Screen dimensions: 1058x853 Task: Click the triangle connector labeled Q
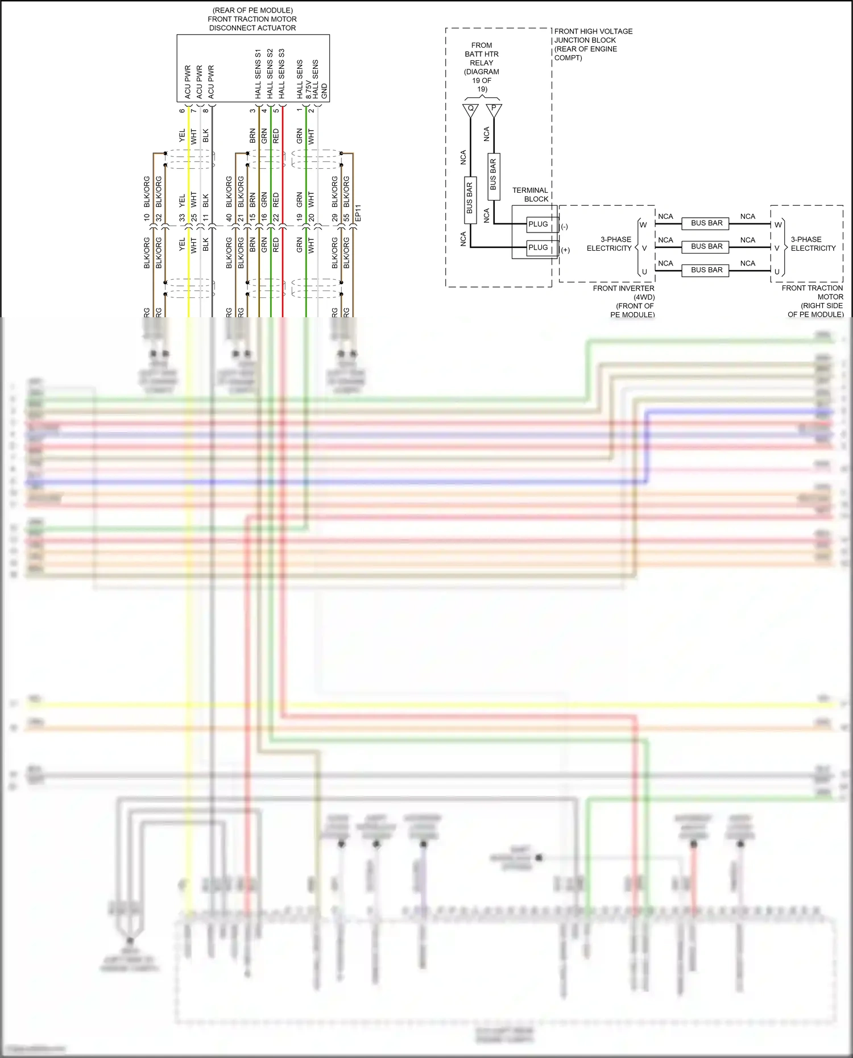point(470,110)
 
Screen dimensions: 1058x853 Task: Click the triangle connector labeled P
point(494,109)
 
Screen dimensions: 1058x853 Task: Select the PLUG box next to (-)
point(538,224)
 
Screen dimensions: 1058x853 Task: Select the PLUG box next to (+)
point(538,247)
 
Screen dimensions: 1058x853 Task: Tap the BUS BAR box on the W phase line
point(706,223)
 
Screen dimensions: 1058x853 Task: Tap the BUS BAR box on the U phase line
point(706,270)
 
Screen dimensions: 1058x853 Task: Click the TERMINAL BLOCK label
point(530,194)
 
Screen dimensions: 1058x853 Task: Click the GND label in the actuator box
point(324,91)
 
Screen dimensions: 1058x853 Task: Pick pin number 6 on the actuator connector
point(182,110)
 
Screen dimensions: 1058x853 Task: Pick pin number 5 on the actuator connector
point(276,110)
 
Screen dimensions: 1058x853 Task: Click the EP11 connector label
point(358,213)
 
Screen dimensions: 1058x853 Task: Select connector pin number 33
point(182,217)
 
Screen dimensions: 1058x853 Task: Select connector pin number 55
point(346,217)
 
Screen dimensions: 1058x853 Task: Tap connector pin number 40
point(229,217)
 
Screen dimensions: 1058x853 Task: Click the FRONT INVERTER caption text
point(623,288)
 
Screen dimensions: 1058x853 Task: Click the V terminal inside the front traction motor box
point(777,248)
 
